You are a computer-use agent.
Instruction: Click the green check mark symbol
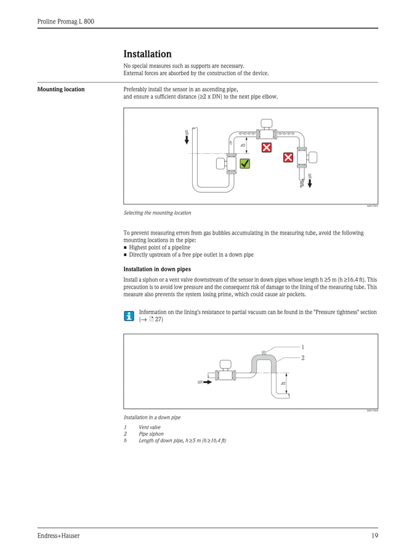(x=245, y=164)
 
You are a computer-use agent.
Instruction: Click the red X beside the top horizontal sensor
(x=266, y=148)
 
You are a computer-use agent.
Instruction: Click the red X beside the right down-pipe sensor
(x=288, y=158)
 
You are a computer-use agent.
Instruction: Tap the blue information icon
(x=128, y=316)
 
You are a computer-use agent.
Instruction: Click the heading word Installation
(x=147, y=54)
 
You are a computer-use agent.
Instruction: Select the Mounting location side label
(x=61, y=90)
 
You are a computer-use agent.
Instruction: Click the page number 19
(x=374, y=536)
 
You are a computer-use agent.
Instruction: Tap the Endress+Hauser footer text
(x=59, y=536)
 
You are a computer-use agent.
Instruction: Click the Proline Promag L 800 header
(x=65, y=22)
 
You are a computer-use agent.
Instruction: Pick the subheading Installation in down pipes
(x=157, y=269)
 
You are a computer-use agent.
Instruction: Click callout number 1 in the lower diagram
(x=302, y=347)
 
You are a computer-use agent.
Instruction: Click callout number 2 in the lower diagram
(x=302, y=357)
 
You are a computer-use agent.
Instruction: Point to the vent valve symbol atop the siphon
(x=264, y=352)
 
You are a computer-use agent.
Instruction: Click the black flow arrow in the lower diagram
(x=208, y=382)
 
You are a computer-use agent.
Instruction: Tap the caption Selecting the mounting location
(x=157, y=213)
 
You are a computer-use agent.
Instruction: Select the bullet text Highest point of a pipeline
(x=160, y=248)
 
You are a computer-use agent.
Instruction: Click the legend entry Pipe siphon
(x=151, y=433)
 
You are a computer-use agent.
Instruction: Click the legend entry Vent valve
(x=150, y=427)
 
